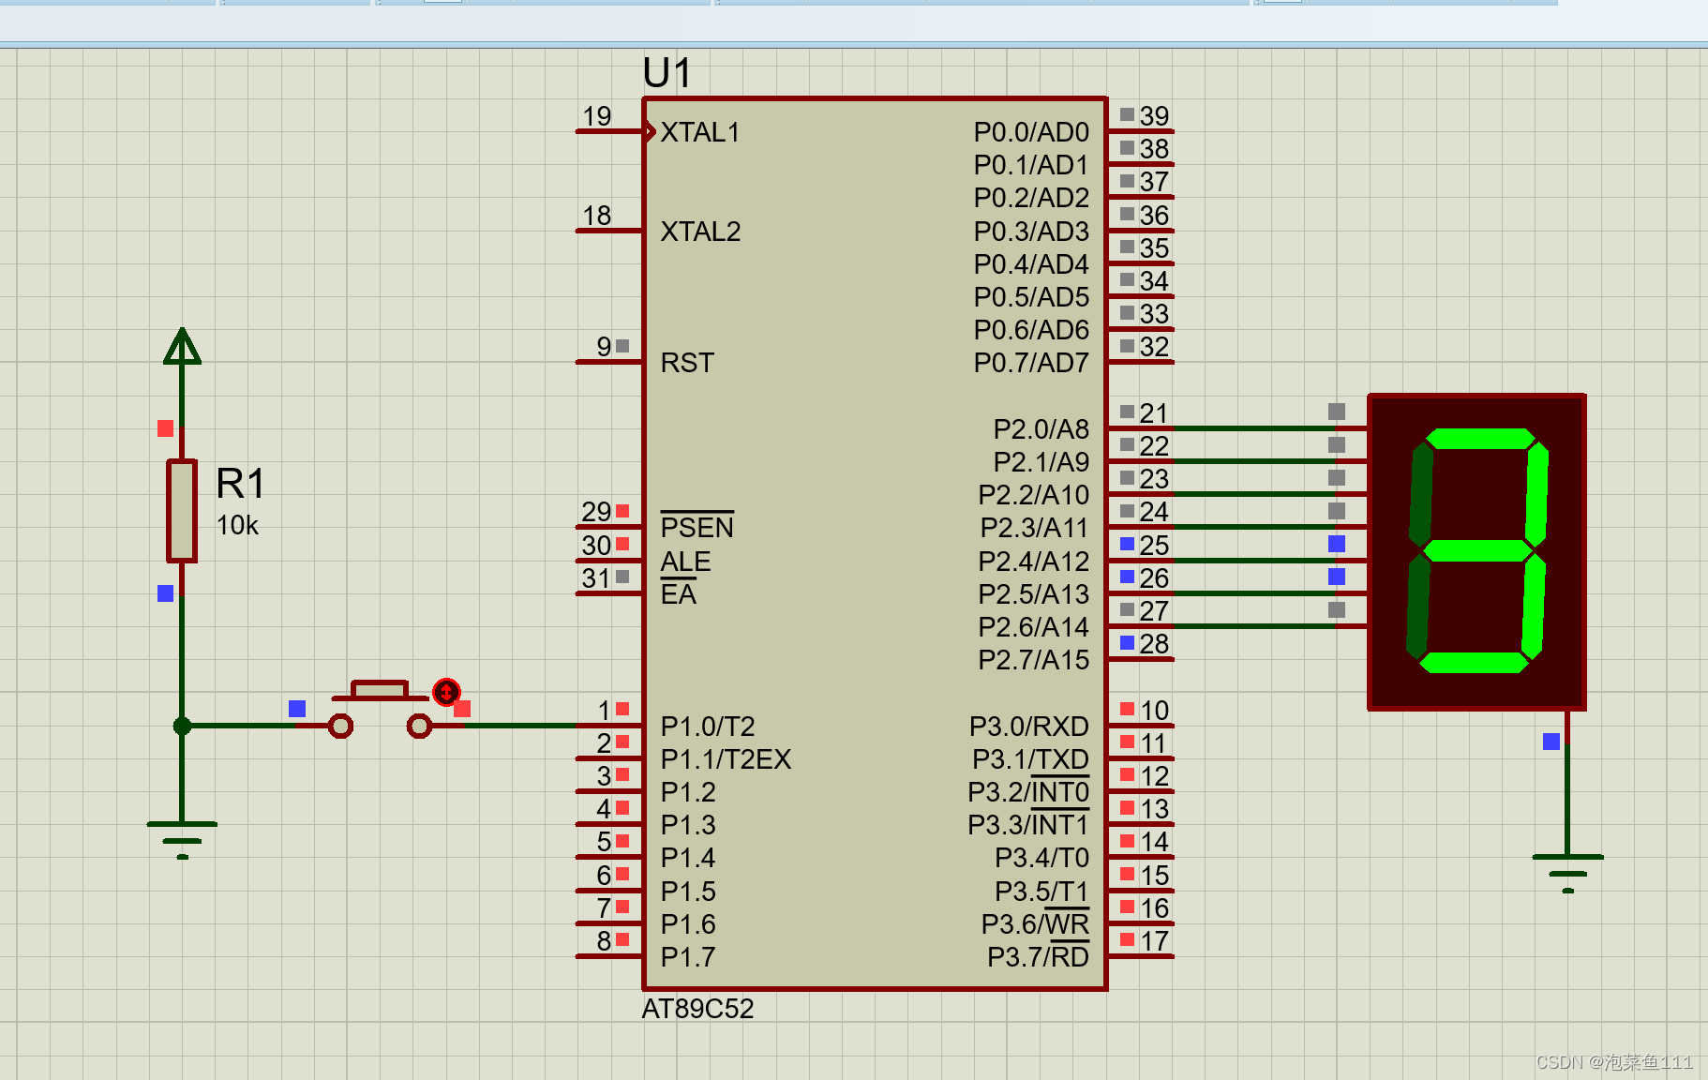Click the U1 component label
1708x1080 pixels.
tap(667, 73)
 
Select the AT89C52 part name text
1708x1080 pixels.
tap(697, 1009)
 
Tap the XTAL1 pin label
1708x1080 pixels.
tap(700, 133)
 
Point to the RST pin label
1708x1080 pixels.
tap(687, 363)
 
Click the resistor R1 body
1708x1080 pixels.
tap(182, 511)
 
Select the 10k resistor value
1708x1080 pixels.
tap(237, 526)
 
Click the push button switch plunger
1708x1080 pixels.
tap(379, 691)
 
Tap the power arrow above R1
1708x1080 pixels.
tap(182, 346)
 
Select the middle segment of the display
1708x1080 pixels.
tap(1477, 550)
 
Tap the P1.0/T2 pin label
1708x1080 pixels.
tap(708, 727)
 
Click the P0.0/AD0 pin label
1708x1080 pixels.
tap(1031, 133)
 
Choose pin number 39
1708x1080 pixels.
tap(1154, 116)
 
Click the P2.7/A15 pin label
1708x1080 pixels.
tap(1033, 660)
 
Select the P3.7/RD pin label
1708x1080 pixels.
tap(1038, 957)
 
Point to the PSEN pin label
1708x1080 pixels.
tap(697, 528)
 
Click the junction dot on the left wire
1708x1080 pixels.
tap(182, 726)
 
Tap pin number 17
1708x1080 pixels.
tap(1154, 941)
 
